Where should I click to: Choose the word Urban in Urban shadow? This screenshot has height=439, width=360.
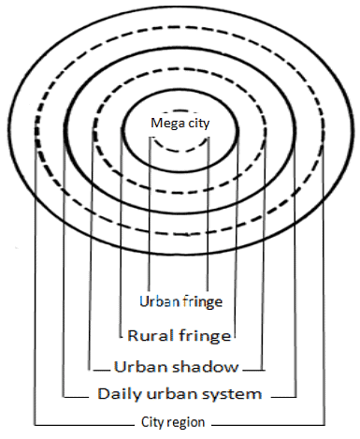pyautogui.click(x=134, y=365)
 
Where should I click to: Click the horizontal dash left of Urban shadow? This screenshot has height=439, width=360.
pyautogui.click(x=100, y=366)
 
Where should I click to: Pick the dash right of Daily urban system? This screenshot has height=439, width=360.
pyautogui.click(x=281, y=394)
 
